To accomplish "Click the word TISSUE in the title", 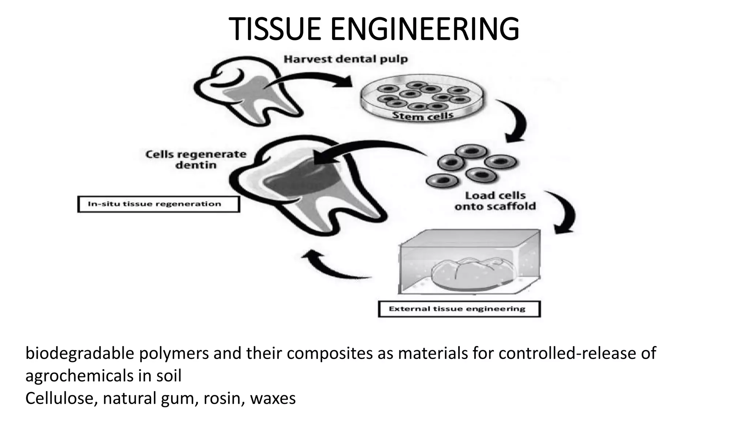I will click(276, 29).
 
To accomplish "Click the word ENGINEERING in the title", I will click(425, 29).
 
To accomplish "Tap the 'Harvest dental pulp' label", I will click(346, 59).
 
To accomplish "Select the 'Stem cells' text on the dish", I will click(422, 116).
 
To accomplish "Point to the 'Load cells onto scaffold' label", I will click(495, 201).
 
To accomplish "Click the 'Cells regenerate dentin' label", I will click(196, 159).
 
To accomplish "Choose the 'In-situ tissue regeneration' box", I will click(158, 204).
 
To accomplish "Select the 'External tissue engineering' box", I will click(459, 309).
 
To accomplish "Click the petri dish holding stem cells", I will click(423, 97).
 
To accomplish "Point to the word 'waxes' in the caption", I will click(273, 398).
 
